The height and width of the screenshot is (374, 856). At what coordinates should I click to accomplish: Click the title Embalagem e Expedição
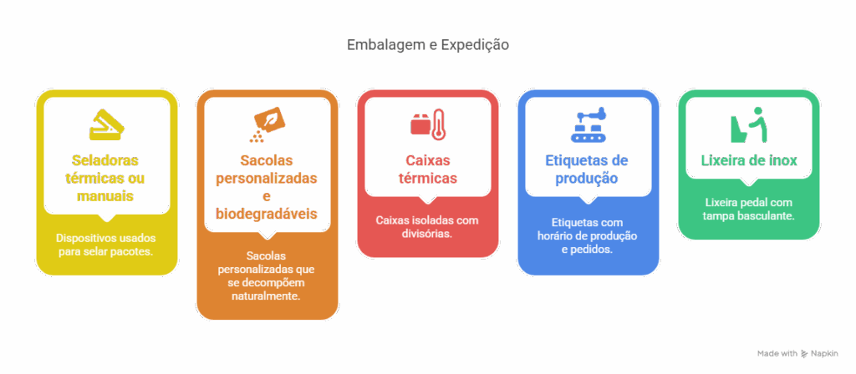click(428, 45)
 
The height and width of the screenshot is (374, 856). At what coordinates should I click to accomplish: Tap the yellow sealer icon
click(106, 125)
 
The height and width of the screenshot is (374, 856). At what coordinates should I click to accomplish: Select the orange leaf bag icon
click(267, 125)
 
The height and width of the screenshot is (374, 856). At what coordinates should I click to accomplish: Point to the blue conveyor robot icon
click(588, 125)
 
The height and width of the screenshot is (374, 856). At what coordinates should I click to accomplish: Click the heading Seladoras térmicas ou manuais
click(105, 178)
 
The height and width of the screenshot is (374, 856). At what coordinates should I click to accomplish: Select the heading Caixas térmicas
click(427, 169)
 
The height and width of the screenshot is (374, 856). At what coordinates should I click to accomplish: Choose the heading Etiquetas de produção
click(588, 169)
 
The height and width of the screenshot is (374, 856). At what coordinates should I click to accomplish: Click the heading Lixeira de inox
click(749, 160)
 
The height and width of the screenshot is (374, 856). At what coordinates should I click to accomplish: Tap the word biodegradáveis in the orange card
click(267, 213)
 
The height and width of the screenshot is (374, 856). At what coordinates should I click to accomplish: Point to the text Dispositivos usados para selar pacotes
click(106, 245)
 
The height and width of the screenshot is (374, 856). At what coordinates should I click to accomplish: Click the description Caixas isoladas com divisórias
click(427, 227)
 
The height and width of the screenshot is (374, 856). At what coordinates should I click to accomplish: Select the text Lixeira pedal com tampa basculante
click(749, 209)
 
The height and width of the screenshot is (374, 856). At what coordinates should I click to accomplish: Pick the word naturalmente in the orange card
click(267, 296)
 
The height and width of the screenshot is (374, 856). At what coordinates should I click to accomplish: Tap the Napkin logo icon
click(805, 354)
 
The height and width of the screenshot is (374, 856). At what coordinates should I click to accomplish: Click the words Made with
click(777, 354)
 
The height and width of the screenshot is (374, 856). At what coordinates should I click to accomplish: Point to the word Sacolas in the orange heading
click(267, 160)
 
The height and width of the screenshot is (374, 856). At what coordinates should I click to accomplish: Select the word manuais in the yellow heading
click(105, 195)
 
